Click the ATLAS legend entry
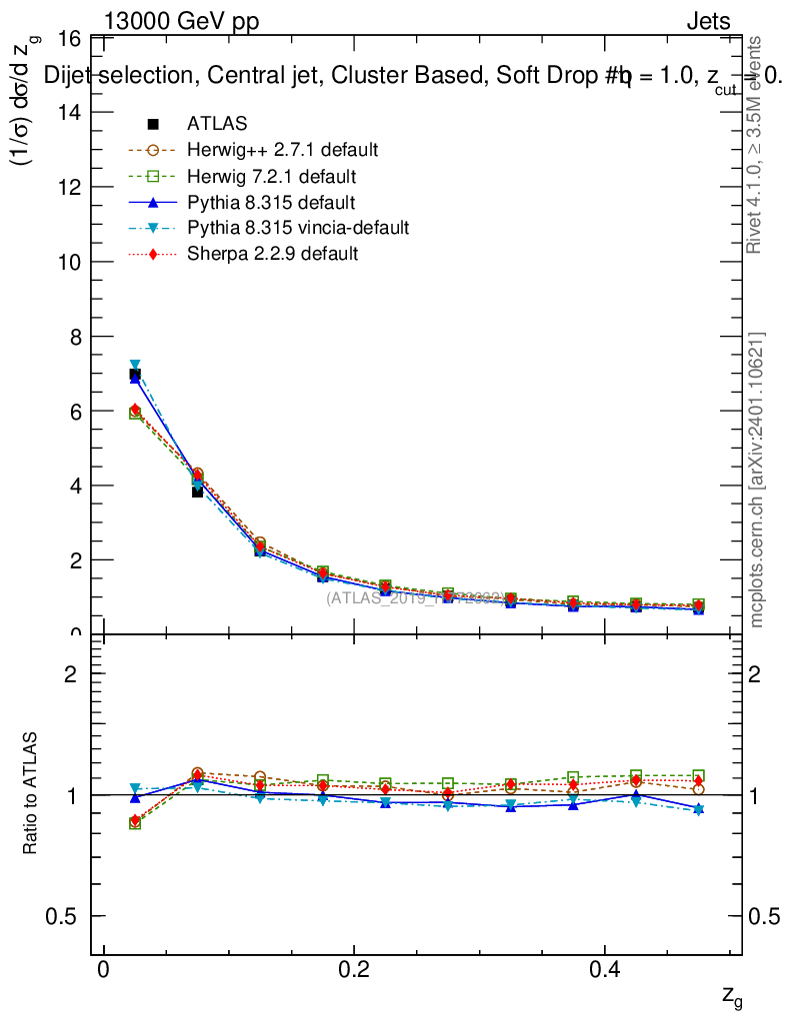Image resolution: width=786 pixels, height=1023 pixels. (217, 124)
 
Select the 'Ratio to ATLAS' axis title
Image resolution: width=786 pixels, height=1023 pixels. (32, 794)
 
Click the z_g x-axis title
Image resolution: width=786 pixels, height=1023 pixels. (732, 997)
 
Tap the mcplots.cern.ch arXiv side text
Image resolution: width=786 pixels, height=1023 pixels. (757, 480)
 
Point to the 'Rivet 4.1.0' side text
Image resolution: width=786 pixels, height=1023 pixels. (757, 145)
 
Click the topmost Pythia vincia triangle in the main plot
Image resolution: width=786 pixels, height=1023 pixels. (135, 366)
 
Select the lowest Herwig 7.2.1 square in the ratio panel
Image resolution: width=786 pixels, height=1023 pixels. (135, 823)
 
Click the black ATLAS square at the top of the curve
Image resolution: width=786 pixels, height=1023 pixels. (135, 375)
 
